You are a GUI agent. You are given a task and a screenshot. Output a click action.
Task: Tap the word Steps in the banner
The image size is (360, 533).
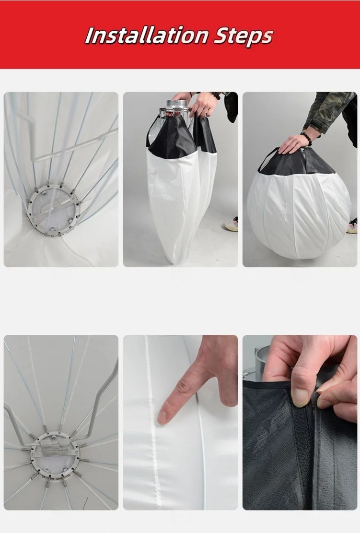pos(243,37)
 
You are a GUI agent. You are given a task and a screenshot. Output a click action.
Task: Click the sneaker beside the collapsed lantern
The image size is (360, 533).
pos(231,224)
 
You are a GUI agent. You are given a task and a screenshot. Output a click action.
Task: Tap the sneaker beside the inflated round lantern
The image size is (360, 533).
pos(352,225)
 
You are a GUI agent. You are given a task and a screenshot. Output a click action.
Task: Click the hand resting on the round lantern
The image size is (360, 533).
pos(296,143)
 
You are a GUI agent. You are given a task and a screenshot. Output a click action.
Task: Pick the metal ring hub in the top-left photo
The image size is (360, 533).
pos(54,209)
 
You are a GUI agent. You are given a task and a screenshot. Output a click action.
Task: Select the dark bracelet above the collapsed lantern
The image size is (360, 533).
pos(215,95)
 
